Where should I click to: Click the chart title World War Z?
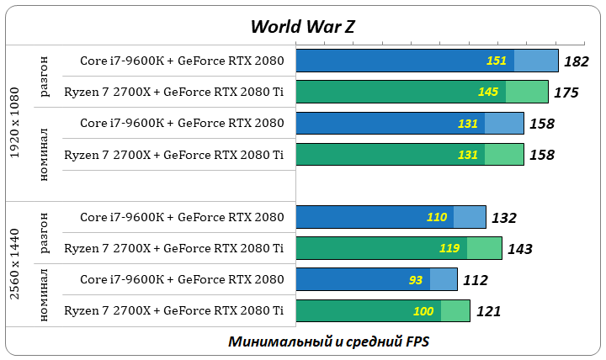pyautogui.click(x=303, y=26)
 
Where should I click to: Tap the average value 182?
pyautogui.click(x=577, y=61)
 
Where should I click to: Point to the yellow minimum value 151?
pyautogui.click(x=497, y=61)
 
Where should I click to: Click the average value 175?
pyautogui.click(x=566, y=93)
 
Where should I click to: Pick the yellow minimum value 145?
pyautogui.click(x=487, y=92)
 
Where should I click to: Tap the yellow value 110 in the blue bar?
pyautogui.click(x=437, y=217)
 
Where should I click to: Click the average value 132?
pyautogui.click(x=503, y=218)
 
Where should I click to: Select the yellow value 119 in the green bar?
pyautogui.click(x=449, y=248)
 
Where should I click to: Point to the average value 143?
pyautogui.click(x=519, y=249)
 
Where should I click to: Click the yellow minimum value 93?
pyautogui.click(x=416, y=279)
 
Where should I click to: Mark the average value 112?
pyautogui.click(x=475, y=280)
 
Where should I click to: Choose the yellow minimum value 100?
pyautogui.click(x=423, y=311)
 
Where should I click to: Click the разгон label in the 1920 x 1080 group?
pyautogui.click(x=45, y=77)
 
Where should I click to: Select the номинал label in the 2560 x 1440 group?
pyautogui.click(x=45, y=295)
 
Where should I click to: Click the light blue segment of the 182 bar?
pyautogui.click(x=536, y=61)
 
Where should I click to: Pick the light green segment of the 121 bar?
pyautogui.click(x=455, y=311)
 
